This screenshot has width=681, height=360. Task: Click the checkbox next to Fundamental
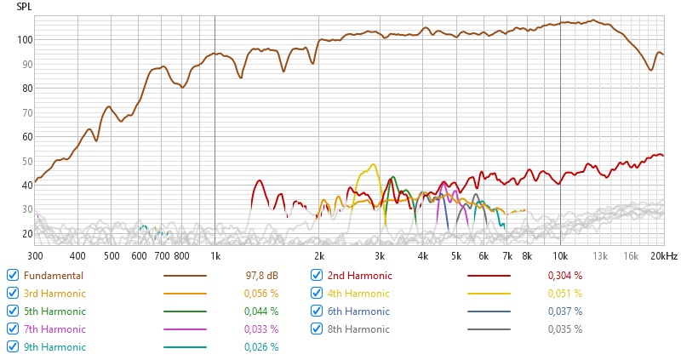pos(13,275)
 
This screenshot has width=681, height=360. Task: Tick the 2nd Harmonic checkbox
pos(317,275)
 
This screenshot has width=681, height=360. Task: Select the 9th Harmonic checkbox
pos(13,346)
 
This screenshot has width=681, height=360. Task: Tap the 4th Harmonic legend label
pos(359,294)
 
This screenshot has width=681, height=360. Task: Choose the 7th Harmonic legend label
pos(54,329)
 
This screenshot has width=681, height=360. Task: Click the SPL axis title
pos(26,6)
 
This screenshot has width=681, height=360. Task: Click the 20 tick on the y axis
pos(26,234)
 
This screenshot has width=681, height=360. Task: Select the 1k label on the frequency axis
pos(215,255)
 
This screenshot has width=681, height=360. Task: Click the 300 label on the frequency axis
pos(35,255)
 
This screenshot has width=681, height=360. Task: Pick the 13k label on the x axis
pos(600,255)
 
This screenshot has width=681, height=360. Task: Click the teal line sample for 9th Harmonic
pos(185,347)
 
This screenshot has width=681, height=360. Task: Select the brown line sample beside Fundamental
pos(185,276)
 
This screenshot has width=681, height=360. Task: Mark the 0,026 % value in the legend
pos(261,347)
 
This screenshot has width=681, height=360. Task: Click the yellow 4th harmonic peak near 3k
pos(373,164)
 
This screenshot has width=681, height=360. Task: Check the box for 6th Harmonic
pos(317,311)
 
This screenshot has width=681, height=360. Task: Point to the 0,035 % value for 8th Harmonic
pos(565,329)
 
